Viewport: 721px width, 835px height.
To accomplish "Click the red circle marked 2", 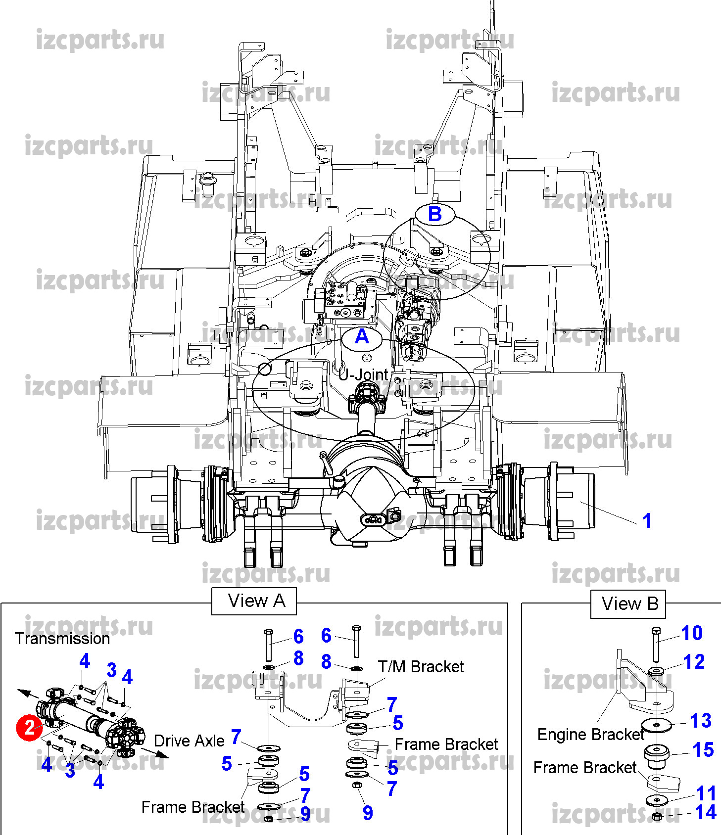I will [x=29, y=727].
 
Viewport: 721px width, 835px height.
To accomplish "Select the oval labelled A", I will [x=362, y=337].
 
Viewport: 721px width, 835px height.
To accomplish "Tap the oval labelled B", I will [x=434, y=214].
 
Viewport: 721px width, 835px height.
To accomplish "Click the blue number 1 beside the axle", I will [x=646, y=520].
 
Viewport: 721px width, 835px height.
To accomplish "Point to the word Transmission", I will [x=62, y=639].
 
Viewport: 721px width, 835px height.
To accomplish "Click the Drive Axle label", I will [x=189, y=741].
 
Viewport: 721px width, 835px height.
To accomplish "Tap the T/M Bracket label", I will [x=421, y=667].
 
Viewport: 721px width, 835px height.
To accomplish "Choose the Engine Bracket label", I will [x=591, y=735].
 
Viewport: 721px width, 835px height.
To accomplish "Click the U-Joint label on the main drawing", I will [x=364, y=374].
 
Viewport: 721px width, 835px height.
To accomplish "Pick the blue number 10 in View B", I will [x=691, y=633].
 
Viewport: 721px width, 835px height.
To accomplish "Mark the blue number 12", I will [x=694, y=662].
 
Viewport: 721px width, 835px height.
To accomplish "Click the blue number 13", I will [x=701, y=721].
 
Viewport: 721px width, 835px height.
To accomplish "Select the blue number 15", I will [x=703, y=750].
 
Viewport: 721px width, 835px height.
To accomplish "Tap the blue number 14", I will [x=705, y=812].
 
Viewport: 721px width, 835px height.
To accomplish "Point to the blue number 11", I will [x=706, y=793].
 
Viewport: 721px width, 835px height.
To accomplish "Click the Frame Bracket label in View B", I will [x=585, y=768].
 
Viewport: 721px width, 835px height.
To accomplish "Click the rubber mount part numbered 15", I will [x=657, y=756].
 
